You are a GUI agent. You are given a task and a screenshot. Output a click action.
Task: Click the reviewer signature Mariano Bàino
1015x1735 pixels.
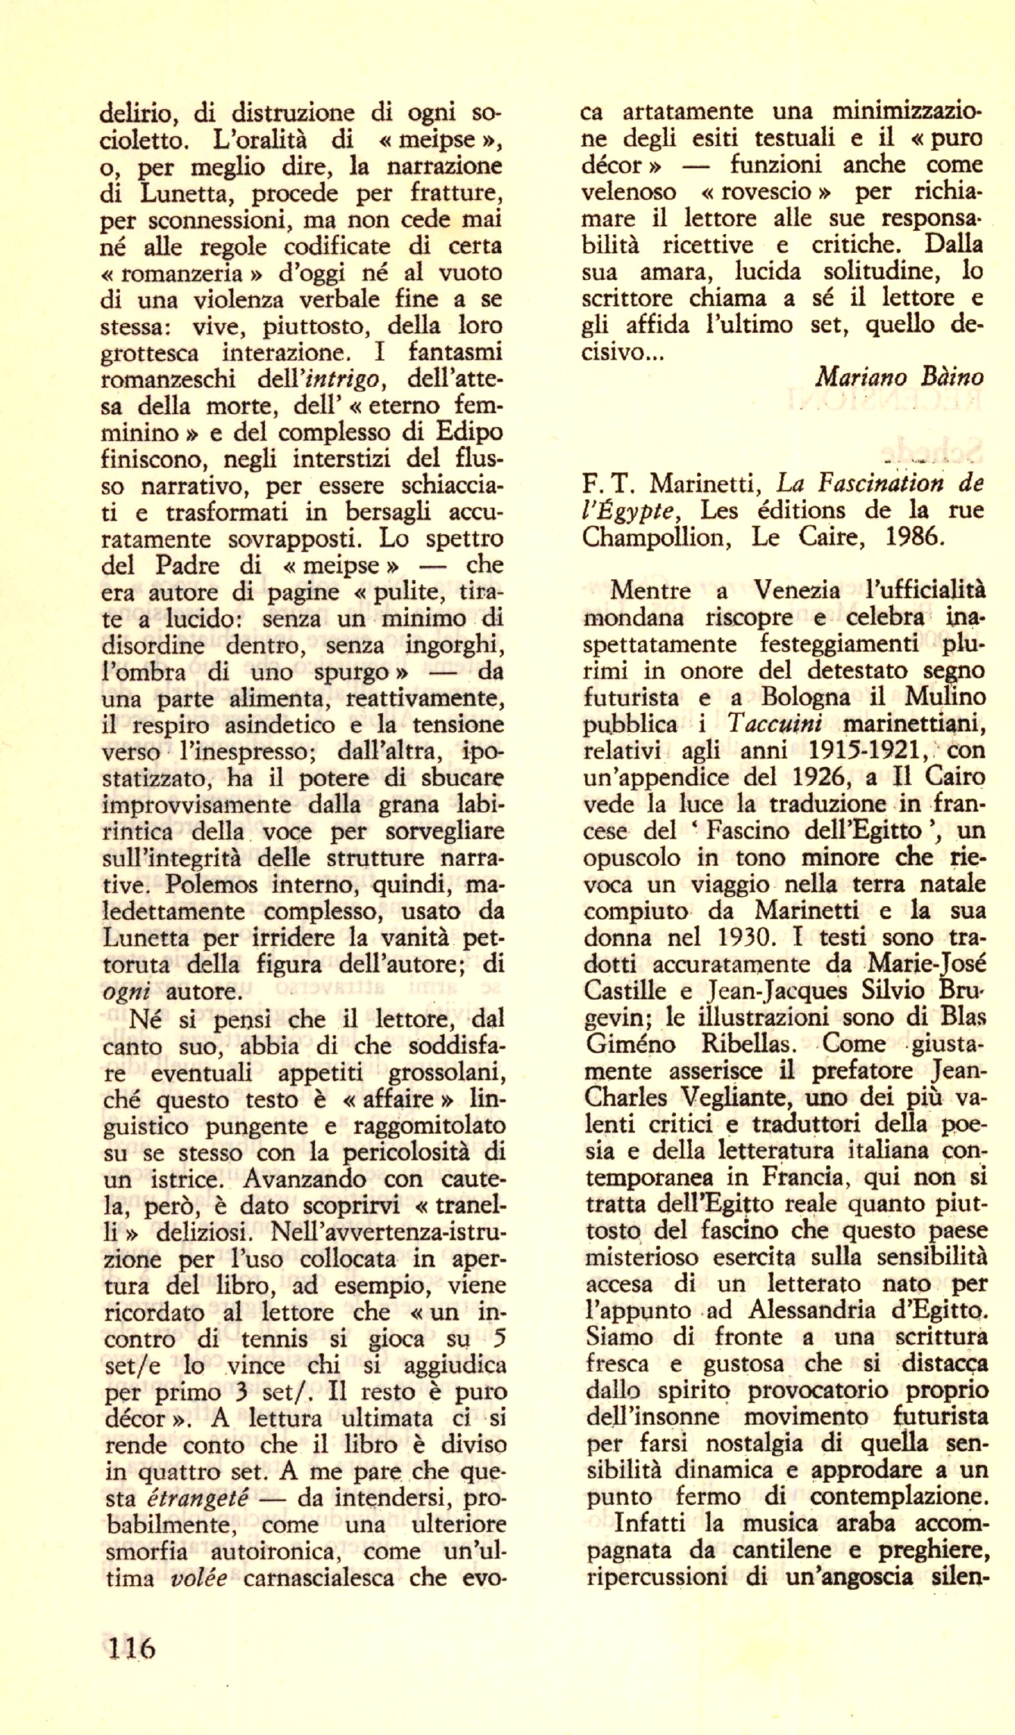tap(899, 376)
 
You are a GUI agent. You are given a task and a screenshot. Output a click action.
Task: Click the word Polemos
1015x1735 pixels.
tap(211, 884)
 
